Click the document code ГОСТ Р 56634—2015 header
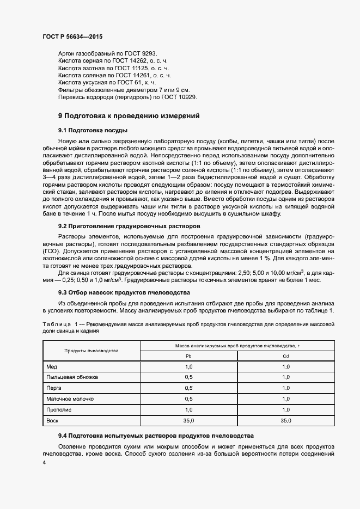[72, 36]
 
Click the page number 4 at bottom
[44, 462]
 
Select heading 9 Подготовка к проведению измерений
[129, 116]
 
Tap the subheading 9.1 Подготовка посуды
[93, 131]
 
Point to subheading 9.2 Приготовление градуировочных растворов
[129, 225]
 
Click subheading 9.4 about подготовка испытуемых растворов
[156, 437]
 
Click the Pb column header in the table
[189, 355]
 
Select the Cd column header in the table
[285, 355]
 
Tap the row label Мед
[52, 367]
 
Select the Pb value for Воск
[189, 420]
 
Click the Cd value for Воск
[285, 420]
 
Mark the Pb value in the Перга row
[189, 388]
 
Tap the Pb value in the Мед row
[189, 367]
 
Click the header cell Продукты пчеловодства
[91, 350]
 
